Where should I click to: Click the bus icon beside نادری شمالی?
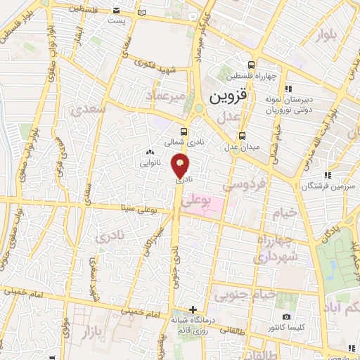pos(184,131)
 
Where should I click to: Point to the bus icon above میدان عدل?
pos(242,136)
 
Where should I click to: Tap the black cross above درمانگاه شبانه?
pos(193,309)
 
